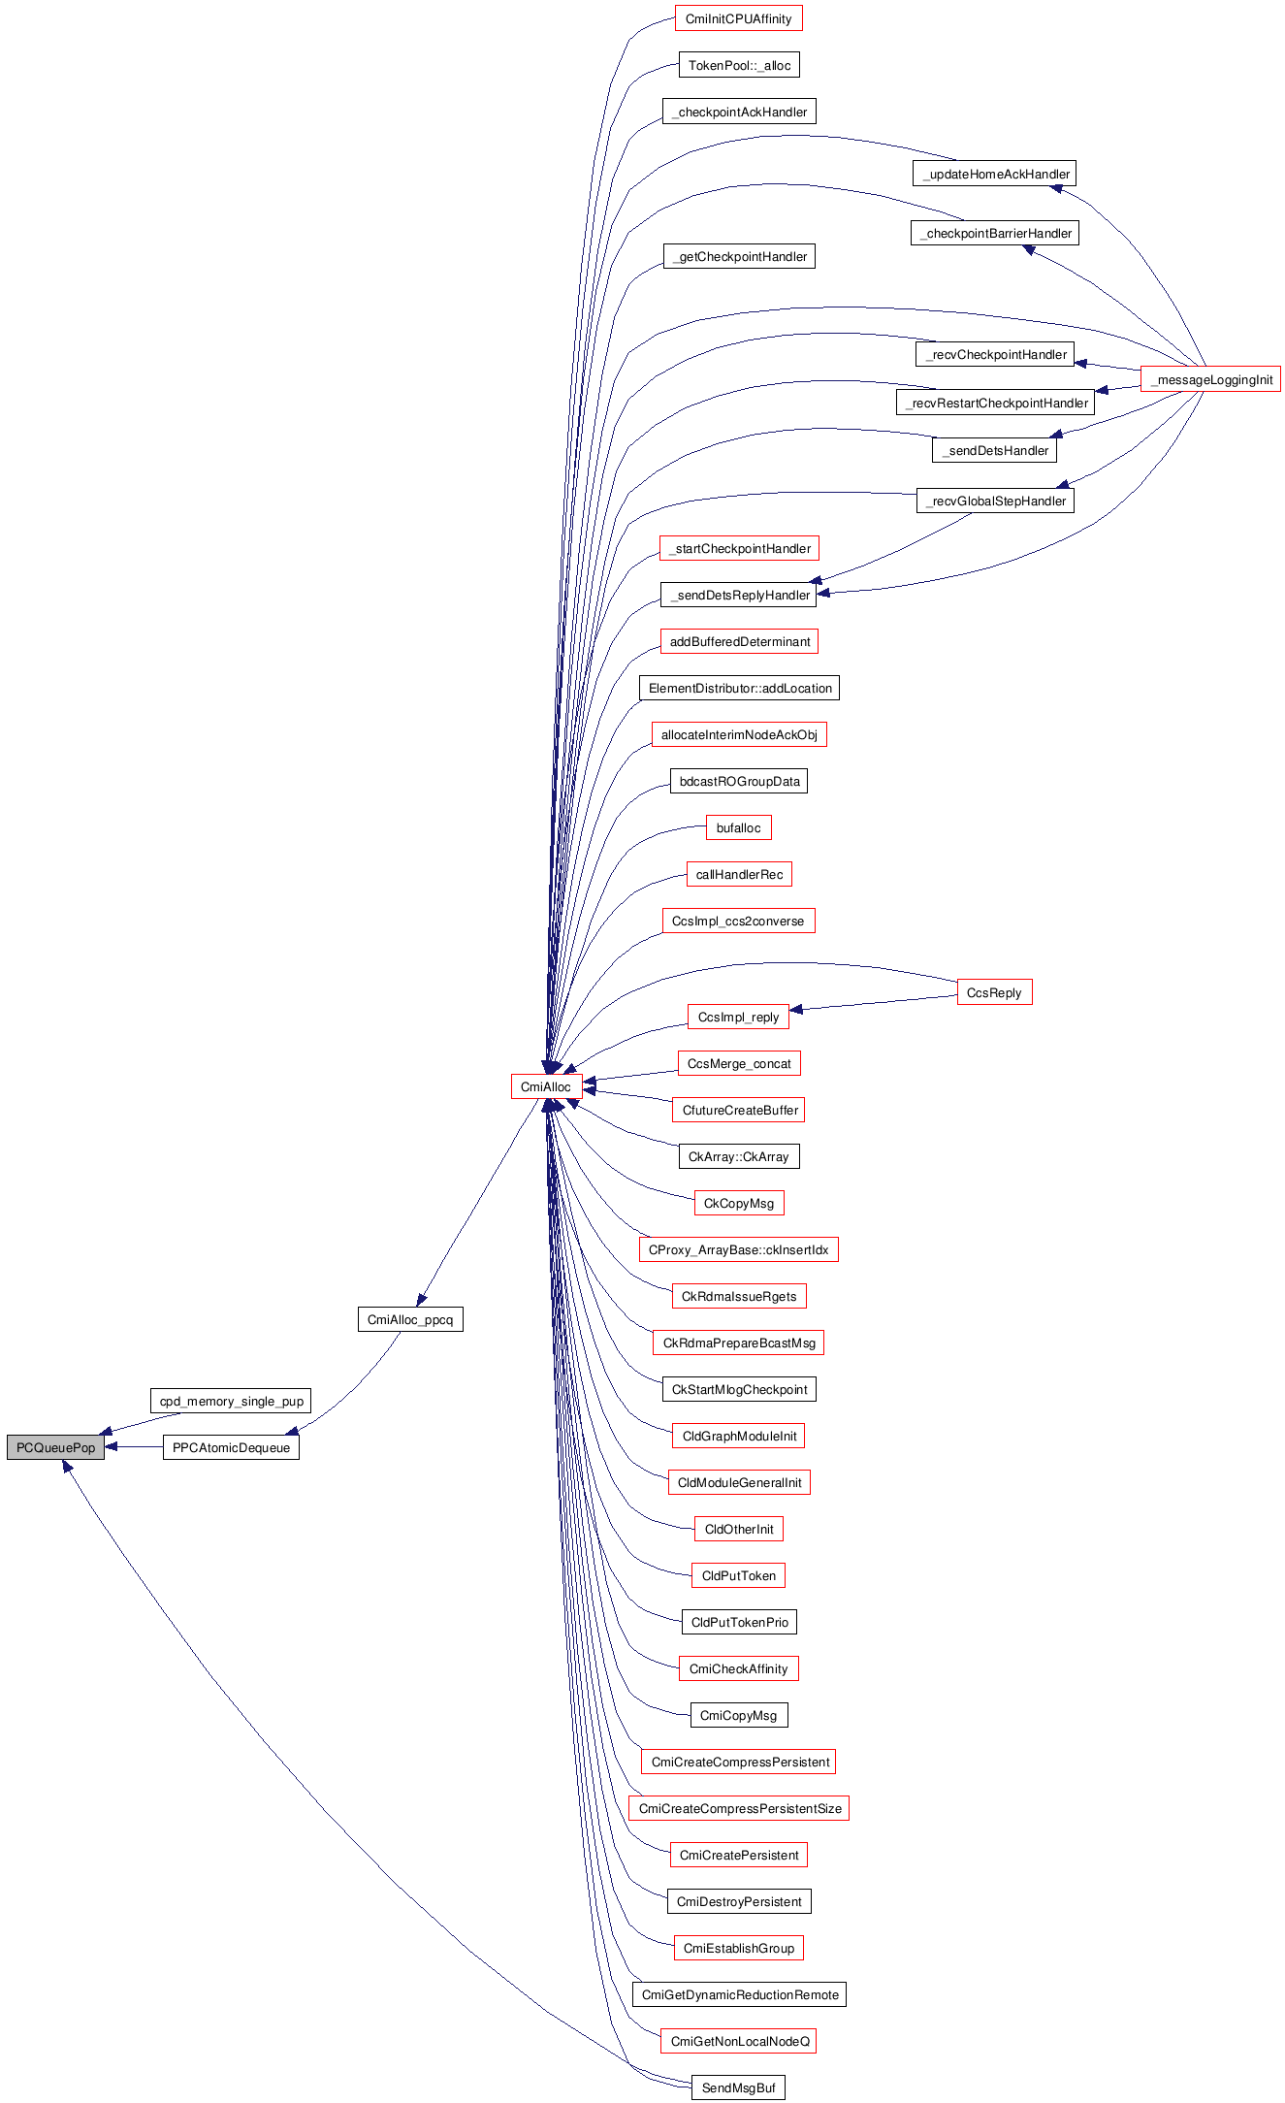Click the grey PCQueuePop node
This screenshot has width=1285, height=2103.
(55, 1447)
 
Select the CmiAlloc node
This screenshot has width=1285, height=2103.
(546, 1086)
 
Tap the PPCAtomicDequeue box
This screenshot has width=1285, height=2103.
(231, 1447)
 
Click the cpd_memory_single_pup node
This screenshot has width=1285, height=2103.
(231, 1401)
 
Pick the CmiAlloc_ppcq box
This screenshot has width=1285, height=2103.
(410, 1319)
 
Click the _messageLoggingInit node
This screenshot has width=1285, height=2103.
(1210, 379)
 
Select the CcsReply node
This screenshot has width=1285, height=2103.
(994, 992)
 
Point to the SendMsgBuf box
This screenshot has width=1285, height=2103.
(738, 2087)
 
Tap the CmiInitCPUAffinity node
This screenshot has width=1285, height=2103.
(738, 18)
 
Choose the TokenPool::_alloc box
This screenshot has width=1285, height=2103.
(739, 65)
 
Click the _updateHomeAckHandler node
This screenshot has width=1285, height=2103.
(994, 174)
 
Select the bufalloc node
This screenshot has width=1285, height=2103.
(738, 827)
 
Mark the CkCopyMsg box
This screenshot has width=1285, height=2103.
(738, 1203)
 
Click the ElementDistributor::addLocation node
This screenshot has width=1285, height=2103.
(739, 688)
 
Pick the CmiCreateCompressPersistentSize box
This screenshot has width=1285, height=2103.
(739, 1808)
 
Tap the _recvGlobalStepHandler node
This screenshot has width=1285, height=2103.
(995, 501)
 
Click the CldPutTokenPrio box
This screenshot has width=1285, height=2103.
(739, 1622)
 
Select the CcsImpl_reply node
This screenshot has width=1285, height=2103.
(738, 1017)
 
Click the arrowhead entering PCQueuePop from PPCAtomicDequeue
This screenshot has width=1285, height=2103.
(112, 1447)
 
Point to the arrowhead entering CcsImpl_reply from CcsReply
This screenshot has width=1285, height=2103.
(796, 1010)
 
